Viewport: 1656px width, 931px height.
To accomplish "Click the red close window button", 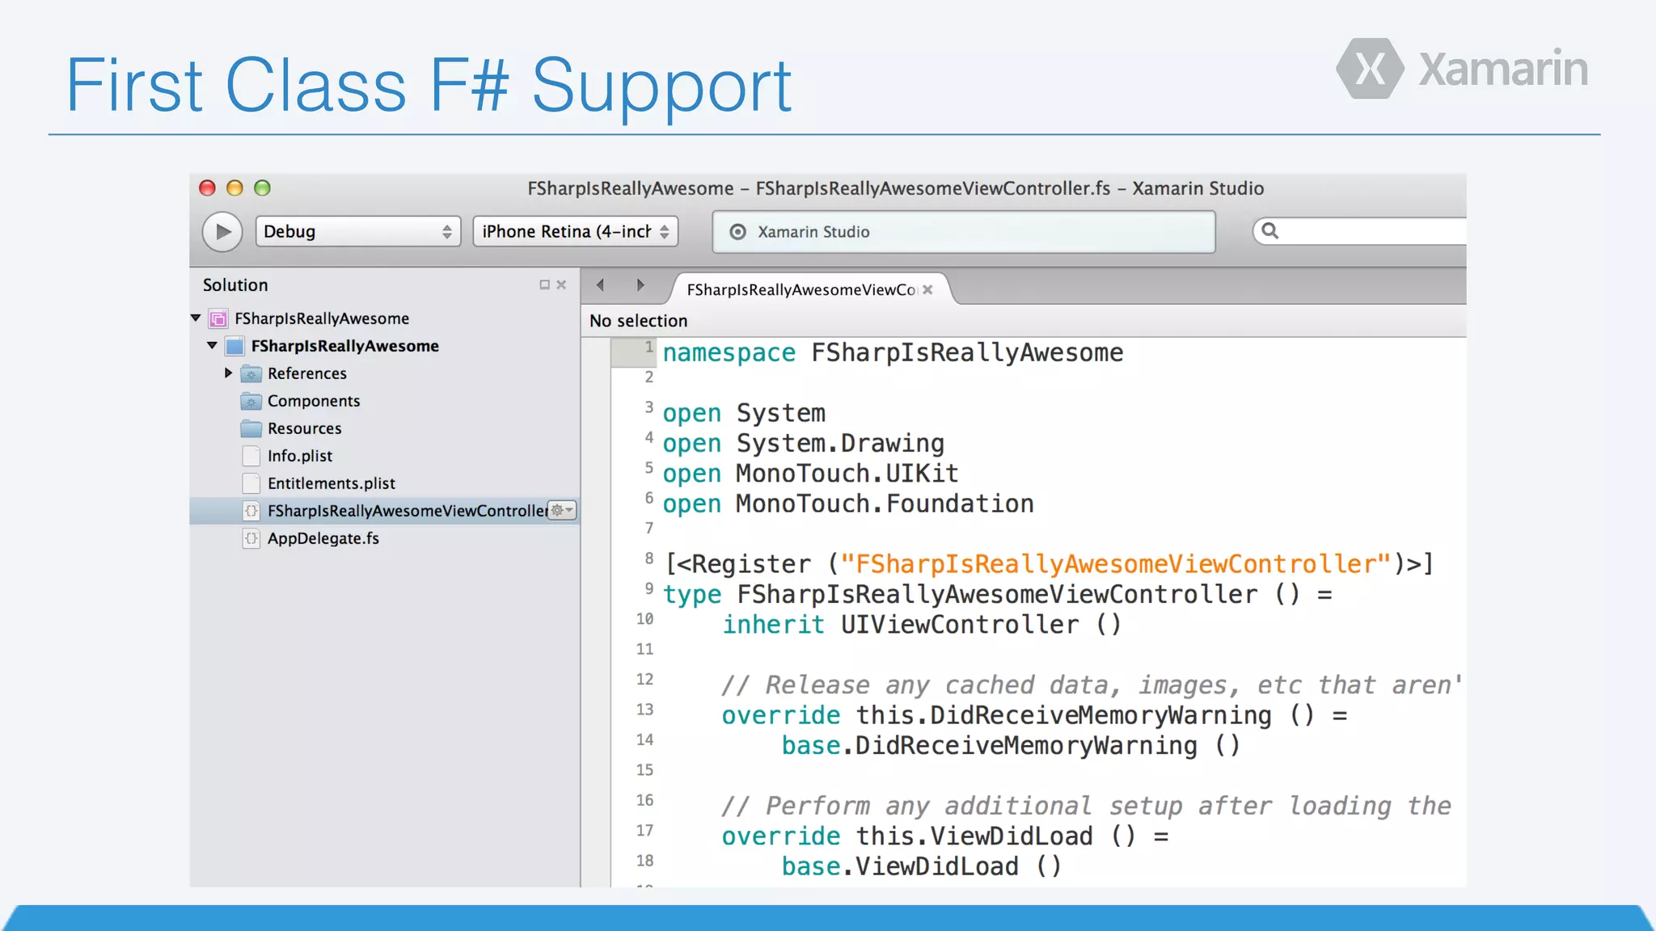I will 207,188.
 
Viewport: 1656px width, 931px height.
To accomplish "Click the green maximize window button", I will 262,188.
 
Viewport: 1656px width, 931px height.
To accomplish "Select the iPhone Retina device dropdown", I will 575,232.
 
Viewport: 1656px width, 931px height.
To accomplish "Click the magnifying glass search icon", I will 1270,231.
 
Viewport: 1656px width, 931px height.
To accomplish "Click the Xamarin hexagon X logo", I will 1370,70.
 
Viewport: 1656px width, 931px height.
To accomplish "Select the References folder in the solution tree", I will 306,373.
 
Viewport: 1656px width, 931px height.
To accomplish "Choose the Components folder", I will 313,401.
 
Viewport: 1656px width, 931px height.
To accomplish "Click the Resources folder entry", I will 304,428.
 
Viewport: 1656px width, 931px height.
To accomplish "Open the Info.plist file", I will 299,456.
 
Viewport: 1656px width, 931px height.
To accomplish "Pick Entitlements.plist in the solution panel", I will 331,483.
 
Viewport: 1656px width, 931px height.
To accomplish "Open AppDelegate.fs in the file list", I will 323,538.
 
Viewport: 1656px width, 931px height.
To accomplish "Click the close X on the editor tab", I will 927,289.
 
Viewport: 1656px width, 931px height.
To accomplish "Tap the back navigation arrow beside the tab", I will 600,284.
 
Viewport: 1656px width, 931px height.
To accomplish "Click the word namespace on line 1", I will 729,353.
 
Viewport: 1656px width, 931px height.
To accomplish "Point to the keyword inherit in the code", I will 772,625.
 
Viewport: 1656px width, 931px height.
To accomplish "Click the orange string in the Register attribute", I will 1115,564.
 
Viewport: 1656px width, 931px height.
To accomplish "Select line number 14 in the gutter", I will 644,739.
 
